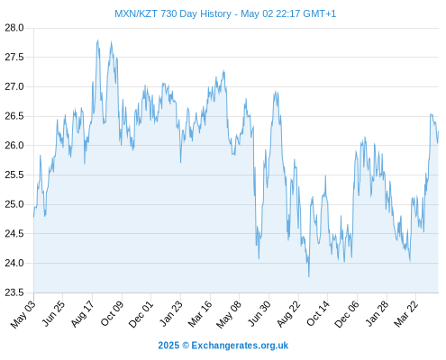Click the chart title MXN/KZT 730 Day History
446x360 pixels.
[x=173, y=13]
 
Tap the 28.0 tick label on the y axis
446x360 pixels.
[x=14, y=28]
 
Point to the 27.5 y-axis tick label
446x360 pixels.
[x=14, y=57]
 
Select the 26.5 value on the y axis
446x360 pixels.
[x=14, y=116]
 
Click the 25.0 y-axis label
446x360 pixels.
[x=14, y=204]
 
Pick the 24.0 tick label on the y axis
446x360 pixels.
[x=14, y=263]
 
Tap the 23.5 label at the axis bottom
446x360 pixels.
[x=14, y=292]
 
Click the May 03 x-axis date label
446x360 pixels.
[x=23, y=314]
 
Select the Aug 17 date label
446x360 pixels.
[x=83, y=314]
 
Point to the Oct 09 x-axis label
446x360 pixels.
[x=112, y=314]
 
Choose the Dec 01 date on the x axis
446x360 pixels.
[x=141, y=314]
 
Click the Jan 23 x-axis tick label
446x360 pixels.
[x=170, y=314]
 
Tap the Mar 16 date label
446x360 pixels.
[x=200, y=314]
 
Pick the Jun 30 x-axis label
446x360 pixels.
[x=259, y=314]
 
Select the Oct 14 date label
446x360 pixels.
[x=318, y=314]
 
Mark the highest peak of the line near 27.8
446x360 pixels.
[x=98, y=40]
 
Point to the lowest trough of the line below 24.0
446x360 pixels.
[x=308, y=276]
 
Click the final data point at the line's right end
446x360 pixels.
[x=439, y=131]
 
